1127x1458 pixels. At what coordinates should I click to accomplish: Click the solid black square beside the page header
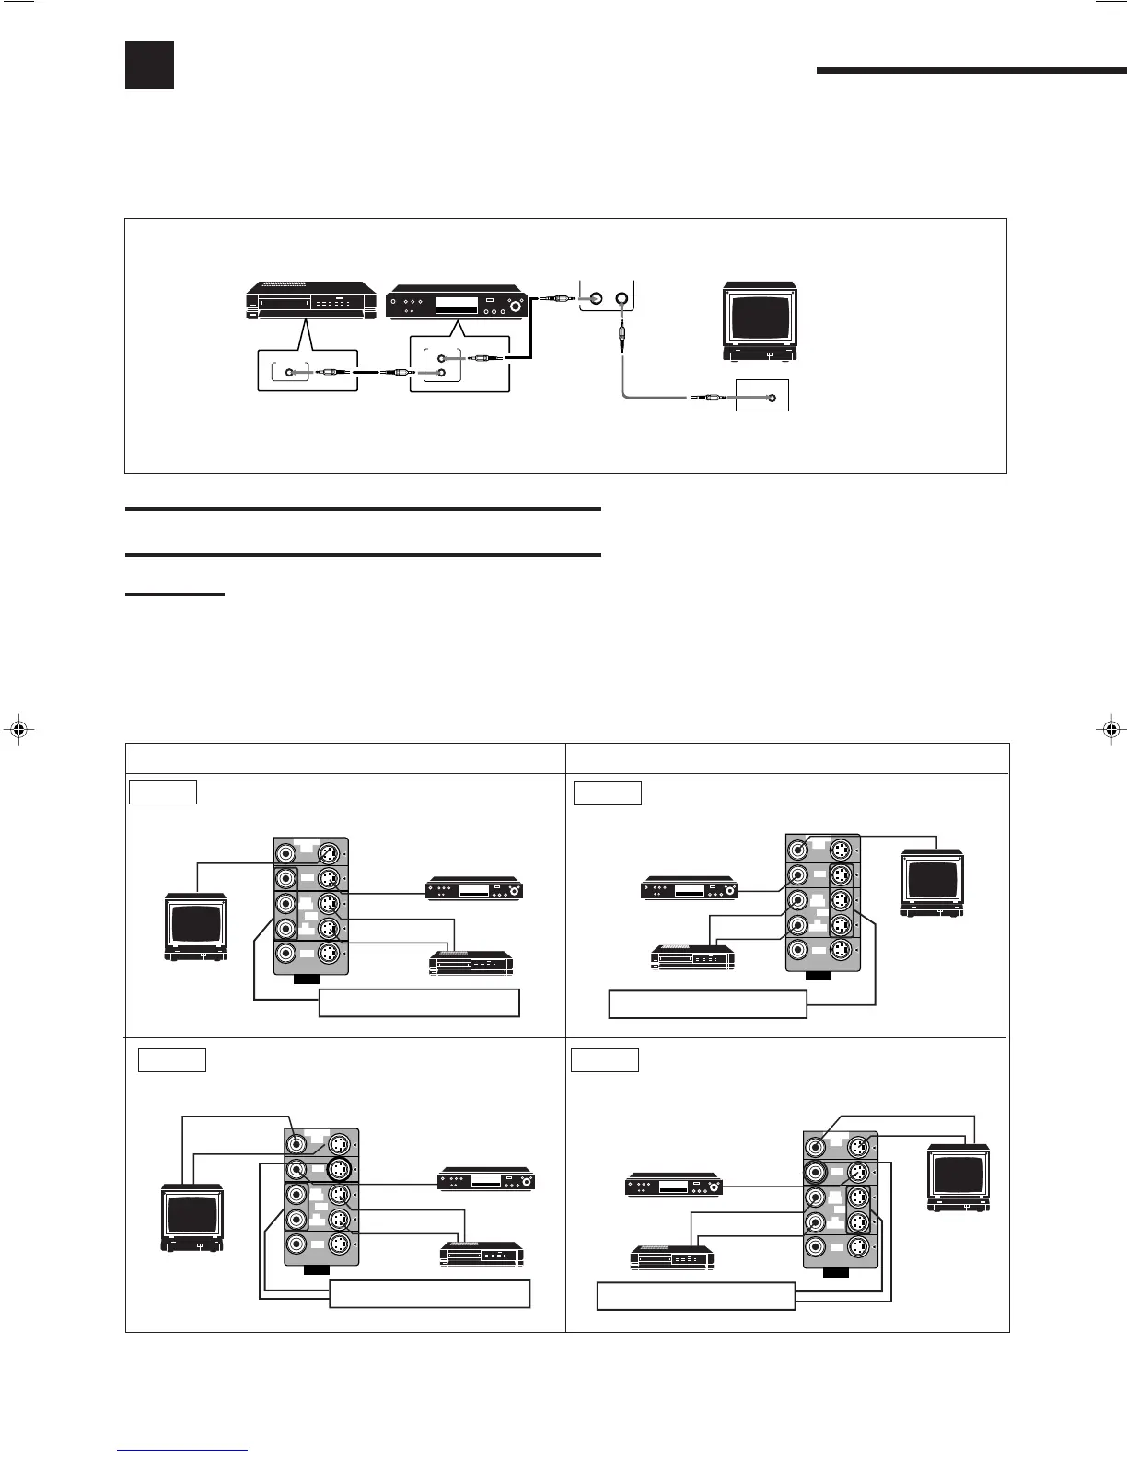(149, 64)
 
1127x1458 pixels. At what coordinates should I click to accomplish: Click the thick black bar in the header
(970, 69)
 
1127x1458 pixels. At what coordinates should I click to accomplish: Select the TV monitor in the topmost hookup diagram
(760, 321)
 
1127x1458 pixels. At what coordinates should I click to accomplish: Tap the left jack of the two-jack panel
(595, 298)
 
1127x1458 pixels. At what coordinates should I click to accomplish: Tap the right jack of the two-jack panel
(622, 298)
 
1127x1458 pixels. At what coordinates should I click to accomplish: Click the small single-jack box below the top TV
(761, 395)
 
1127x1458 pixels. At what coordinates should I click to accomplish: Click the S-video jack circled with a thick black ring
(339, 1170)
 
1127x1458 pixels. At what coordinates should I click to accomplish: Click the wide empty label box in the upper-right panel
(707, 1003)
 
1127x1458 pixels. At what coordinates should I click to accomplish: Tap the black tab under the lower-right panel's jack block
(836, 1274)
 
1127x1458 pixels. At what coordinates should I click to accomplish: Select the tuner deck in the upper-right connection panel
(689, 890)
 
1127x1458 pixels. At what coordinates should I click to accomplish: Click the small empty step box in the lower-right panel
(604, 1060)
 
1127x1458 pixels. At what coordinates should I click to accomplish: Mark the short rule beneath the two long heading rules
(174, 595)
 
